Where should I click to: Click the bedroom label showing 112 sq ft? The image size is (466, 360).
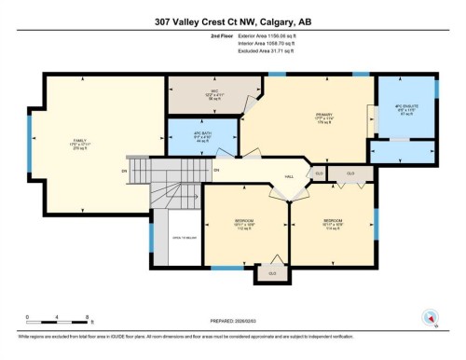click(x=244, y=224)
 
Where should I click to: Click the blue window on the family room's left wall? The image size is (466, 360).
click(x=29, y=138)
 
